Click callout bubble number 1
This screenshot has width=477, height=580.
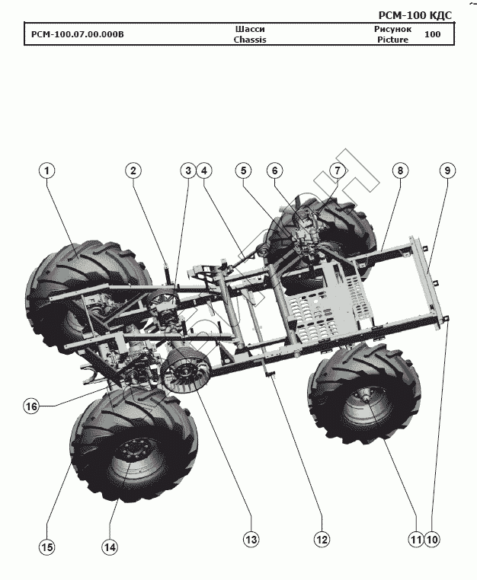pyautogui.click(x=47, y=171)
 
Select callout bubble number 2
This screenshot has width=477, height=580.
pyautogui.click(x=133, y=171)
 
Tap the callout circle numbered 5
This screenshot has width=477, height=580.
pyautogui.click(x=242, y=171)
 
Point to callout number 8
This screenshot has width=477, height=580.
pyautogui.click(x=399, y=171)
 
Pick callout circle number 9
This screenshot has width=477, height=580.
pyautogui.click(x=447, y=171)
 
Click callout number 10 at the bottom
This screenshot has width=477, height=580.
pyautogui.click(x=433, y=539)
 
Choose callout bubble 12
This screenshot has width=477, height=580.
pyautogui.click(x=321, y=539)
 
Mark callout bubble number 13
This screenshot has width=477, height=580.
pyautogui.click(x=251, y=539)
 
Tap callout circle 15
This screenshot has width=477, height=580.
pyautogui.click(x=47, y=547)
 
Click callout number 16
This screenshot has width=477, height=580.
pyautogui.click(x=31, y=406)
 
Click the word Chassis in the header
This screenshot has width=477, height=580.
pyautogui.click(x=250, y=40)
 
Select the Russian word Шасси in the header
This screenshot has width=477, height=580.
pyautogui.click(x=250, y=28)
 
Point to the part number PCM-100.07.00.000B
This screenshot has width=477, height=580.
pyautogui.click(x=77, y=34)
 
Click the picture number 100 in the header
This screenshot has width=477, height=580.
pyautogui.click(x=432, y=34)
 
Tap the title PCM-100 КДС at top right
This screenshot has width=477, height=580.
pyautogui.click(x=415, y=15)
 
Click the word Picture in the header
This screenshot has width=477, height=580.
pyautogui.click(x=392, y=40)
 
